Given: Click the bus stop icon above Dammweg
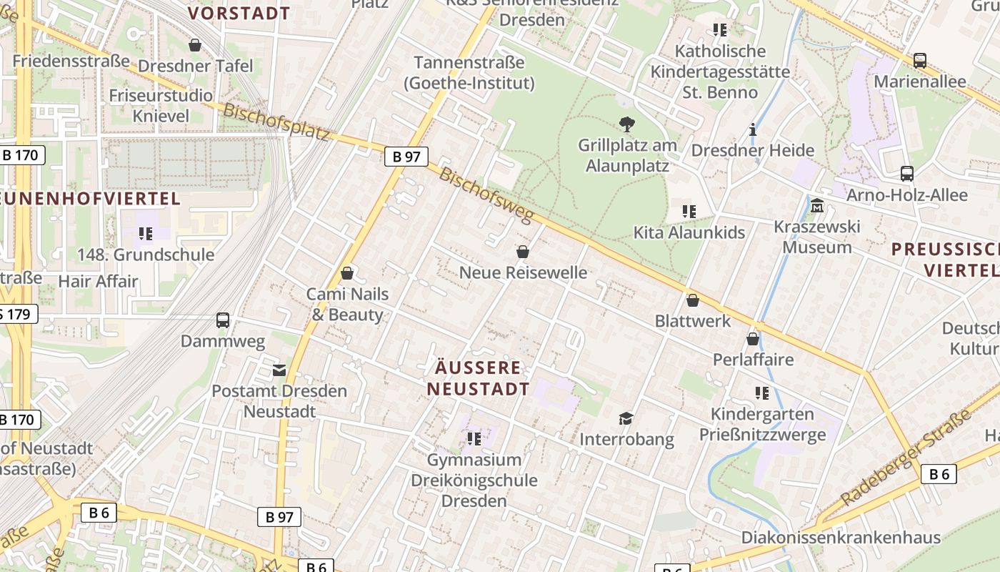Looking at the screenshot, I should (x=223, y=320).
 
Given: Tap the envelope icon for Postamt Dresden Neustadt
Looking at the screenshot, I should (x=279, y=370).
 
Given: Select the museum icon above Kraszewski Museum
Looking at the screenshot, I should (x=817, y=206).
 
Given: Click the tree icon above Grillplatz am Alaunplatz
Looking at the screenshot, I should (x=627, y=125).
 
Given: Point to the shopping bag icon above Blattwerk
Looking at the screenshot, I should (x=692, y=300).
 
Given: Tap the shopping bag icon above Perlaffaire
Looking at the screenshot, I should (x=753, y=339).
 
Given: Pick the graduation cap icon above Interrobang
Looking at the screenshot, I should (x=626, y=418).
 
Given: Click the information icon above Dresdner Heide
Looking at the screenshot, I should (x=753, y=130).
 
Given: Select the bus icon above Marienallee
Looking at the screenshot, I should (x=920, y=61).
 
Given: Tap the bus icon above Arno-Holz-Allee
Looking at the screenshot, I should (x=907, y=174).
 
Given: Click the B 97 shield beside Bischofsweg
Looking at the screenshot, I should (x=406, y=157).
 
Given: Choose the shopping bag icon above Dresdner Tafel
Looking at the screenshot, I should (x=195, y=46).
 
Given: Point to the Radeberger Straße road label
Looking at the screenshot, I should (x=905, y=458).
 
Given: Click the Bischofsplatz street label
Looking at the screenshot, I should (x=276, y=122).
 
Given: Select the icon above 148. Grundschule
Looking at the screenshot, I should (x=146, y=234).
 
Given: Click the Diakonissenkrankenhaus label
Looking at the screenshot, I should (x=841, y=538).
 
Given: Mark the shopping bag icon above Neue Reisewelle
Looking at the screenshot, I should (x=523, y=252).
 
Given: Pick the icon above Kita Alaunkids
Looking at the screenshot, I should (x=689, y=212).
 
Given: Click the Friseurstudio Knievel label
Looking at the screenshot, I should (x=161, y=106).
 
